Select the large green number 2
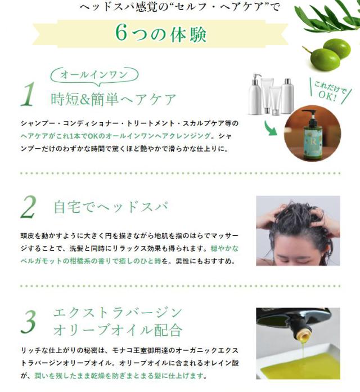[x=28, y=208]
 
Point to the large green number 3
[x=28, y=320]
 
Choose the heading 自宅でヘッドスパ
[x=110, y=207]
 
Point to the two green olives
[x=328, y=54]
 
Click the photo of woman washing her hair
[x=298, y=230]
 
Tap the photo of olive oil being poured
[x=298, y=343]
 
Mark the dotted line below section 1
[x=180, y=173]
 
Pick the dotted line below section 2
[x=180, y=286]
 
